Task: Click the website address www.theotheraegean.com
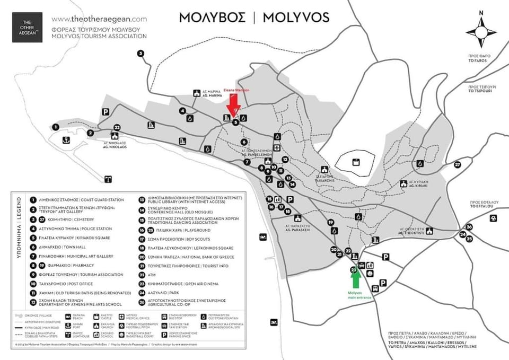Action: click(x=99, y=19)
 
